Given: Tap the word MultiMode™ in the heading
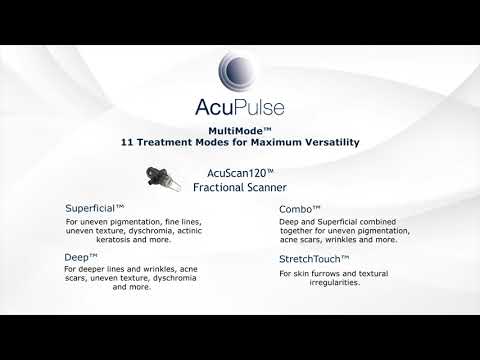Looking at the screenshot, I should (239, 130).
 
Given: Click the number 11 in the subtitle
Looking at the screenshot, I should (127, 142).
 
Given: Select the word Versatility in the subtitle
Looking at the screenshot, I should (324, 142).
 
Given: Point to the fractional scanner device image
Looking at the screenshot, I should (158, 181).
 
